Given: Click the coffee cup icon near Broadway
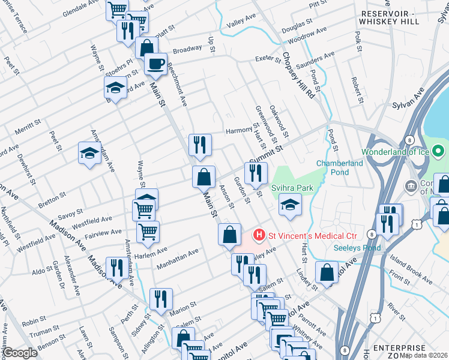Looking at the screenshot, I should tap(155, 64).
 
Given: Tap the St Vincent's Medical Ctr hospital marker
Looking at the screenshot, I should tap(259, 234).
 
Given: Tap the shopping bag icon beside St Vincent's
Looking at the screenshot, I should tap(229, 235).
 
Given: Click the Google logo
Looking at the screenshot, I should tap(20, 353).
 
